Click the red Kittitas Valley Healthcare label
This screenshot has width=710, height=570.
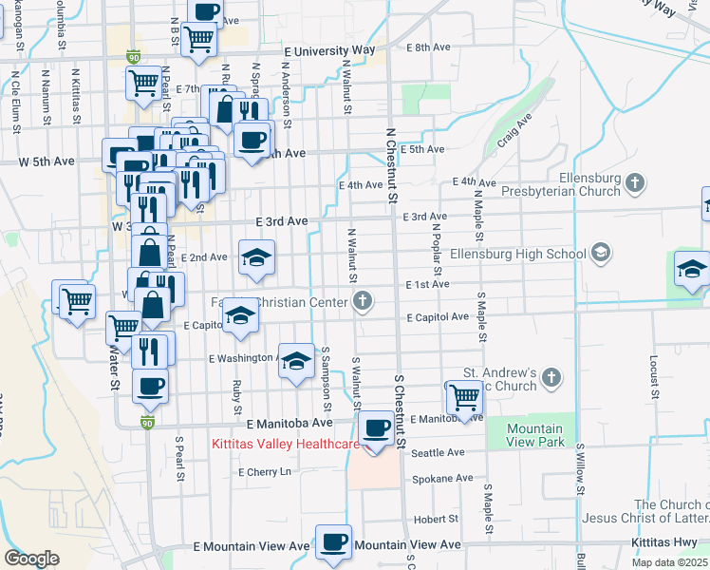pyautogui.click(x=285, y=444)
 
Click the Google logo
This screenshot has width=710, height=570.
pyautogui.click(x=31, y=558)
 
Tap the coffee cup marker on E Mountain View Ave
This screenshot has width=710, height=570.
pyautogui.click(x=333, y=543)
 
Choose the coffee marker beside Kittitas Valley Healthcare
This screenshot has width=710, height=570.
pyautogui.click(x=378, y=429)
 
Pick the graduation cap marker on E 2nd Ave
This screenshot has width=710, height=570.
pyautogui.click(x=256, y=258)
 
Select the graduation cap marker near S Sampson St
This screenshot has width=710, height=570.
pyautogui.click(x=297, y=362)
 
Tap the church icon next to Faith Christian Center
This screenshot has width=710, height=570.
pyautogui.click(x=361, y=302)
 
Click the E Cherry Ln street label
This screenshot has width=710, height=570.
pyautogui.click(x=270, y=472)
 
